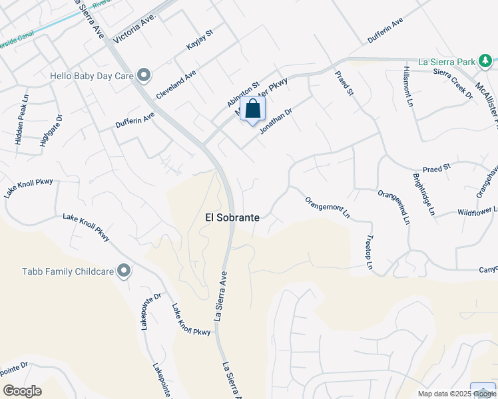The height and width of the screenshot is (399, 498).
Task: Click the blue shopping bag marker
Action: [x=253, y=110]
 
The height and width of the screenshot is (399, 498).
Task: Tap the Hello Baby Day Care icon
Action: [x=143, y=74]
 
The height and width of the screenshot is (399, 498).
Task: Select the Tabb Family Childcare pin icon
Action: [x=123, y=270]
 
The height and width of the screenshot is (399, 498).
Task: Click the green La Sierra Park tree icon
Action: [x=485, y=62]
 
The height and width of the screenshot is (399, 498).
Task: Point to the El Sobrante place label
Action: [x=232, y=217]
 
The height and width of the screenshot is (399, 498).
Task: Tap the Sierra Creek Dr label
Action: [x=452, y=83]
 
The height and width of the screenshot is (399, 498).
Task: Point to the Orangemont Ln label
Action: [x=328, y=207]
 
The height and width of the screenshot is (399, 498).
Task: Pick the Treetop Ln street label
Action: [x=368, y=253]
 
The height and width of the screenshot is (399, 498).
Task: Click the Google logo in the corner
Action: [x=22, y=391]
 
